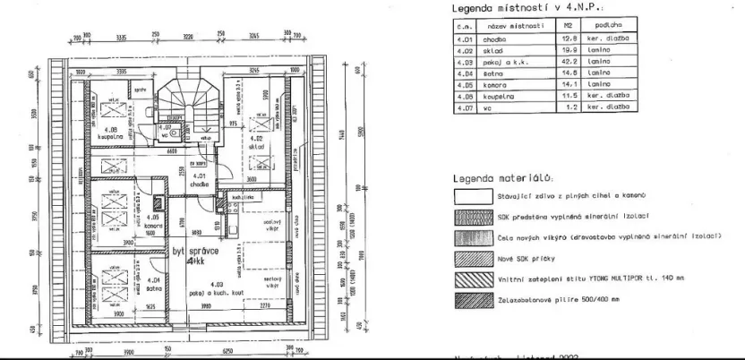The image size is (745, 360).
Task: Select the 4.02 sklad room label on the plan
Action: tap(255, 141)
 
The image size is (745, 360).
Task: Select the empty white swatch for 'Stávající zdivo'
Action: tap(475, 197)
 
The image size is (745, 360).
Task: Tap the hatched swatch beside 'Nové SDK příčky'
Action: tap(475, 257)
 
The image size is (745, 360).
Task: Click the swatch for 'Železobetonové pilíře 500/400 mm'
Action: tap(475, 297)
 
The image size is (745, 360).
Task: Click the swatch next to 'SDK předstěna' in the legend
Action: tap(475, 217)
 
